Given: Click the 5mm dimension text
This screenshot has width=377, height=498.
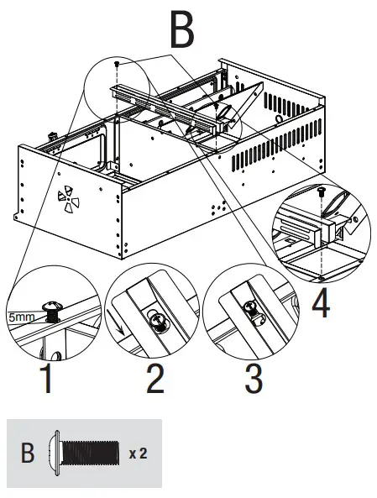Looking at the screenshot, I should (x=24, y=318).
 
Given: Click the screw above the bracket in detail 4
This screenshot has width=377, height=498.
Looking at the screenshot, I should (x=322, y=193).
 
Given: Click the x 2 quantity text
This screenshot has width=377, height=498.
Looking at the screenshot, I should (x=139, y=453).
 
